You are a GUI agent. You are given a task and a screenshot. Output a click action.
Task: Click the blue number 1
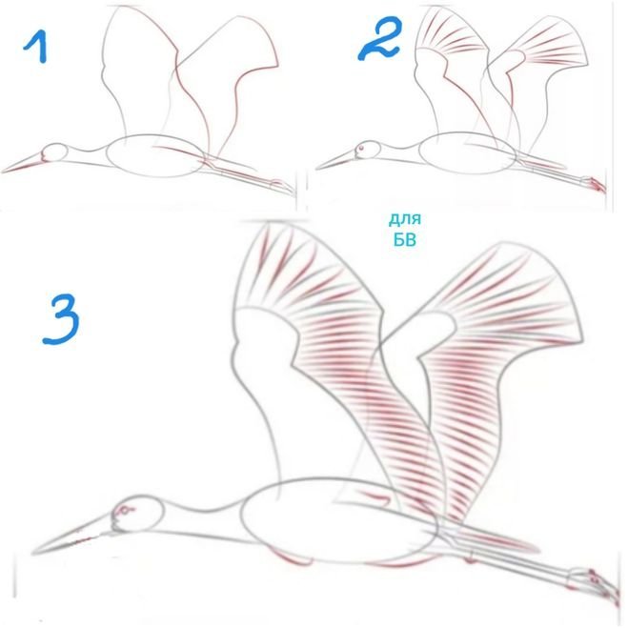coord(38,48)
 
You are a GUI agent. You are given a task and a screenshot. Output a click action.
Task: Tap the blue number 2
coord(379,39)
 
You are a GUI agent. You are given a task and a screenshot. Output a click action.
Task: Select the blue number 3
coord(61,319)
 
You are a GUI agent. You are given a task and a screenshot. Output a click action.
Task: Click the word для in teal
coord(405,219)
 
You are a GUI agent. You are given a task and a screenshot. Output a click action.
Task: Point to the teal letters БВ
coord(405,240)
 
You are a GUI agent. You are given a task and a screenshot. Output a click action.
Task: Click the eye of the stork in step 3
coord(125,511)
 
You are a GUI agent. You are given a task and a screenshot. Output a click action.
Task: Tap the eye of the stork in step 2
coord(361,149)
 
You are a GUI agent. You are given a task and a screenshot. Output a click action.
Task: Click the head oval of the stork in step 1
coord(55,152)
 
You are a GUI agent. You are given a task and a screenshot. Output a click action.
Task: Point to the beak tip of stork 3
coord(32,554)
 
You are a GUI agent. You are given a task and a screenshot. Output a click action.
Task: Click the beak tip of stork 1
coord(2,172)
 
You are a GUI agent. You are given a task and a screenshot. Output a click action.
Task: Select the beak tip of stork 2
coord(316,169)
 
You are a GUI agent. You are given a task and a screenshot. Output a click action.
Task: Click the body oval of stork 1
coord(155,155)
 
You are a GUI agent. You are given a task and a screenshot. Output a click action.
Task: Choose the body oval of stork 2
coord(467,153)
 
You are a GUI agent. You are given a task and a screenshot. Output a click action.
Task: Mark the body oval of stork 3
coord(339,520)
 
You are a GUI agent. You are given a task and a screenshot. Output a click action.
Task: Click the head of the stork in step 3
coord(138,514)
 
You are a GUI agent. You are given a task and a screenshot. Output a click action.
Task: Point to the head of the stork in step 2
coord(367,151)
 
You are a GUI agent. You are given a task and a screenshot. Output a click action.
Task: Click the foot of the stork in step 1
coord(282,186)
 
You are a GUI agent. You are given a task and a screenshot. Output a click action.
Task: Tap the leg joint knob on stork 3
coord(470,557)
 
